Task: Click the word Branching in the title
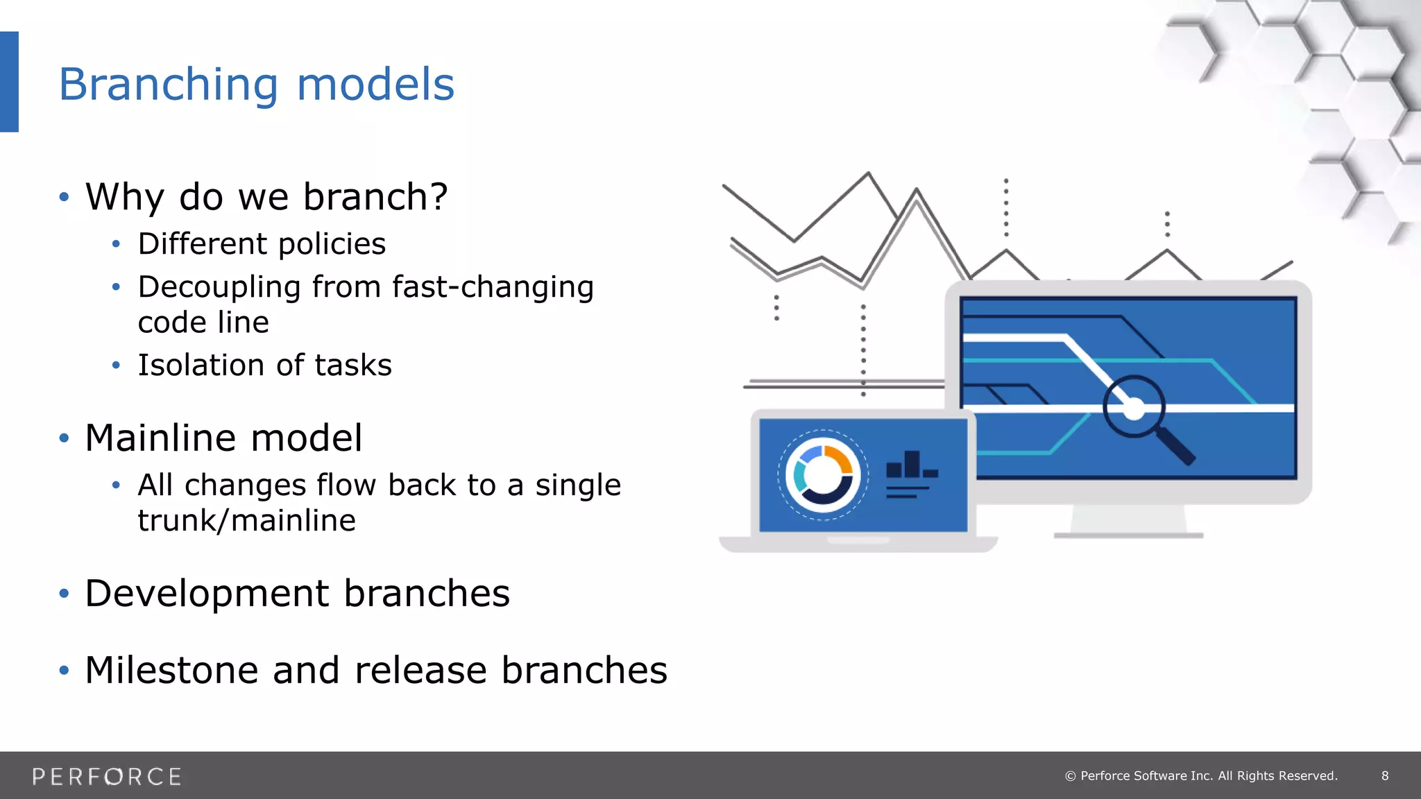click(x=169, y=85)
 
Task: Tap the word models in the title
click(x=375, y=85)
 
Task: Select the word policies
click(x=332, y=244)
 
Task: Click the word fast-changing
click(x=493, y=287)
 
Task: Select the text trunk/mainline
click(x=246, y=520)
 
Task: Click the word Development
click(x=207, y=594)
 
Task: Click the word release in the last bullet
click(x=421, y=671)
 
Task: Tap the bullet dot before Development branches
click(x=65, y=594)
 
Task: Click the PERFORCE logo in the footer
click(x=107, y=776)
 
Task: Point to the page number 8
click(x=1385, y=776)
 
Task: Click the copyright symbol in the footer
click(x=1071, y=776)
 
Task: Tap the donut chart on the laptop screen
click(x=823, y=475)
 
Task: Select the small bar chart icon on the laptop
click(x=912, y=466)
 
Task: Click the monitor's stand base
click(x=1128, y=535)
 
